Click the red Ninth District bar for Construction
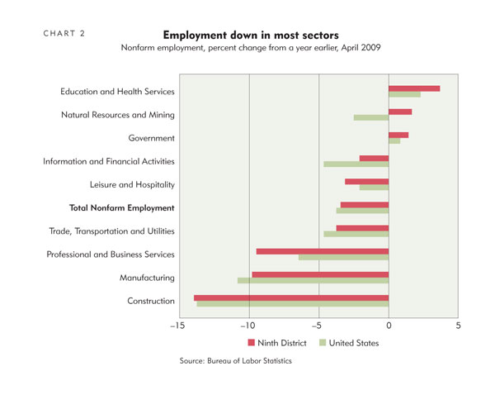tap(291, 298)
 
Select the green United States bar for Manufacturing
tap(313, 280)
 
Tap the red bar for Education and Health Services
tap(414, 88)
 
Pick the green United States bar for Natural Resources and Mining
tap(371, 117)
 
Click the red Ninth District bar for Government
tap(398, 135)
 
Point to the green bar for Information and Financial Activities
tap(356, 164)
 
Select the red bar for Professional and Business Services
tap(323, 251)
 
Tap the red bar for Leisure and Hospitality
tap(367, 182)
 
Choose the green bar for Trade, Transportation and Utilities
tap(356, 234)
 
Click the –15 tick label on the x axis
tap(177, 326)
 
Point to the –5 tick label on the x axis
tap(317, 326)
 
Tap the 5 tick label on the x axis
tap(458, 326)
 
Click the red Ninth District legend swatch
tap(252, 343)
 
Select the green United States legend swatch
tap(323, 343)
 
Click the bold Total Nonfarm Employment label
tap(122, 208)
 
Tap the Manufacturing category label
tap(147, 278)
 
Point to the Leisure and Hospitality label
tap(132, 184)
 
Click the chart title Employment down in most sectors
tap(251, 35)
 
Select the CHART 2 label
tap(64, 34)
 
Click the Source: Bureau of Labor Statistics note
tap(235, 360)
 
